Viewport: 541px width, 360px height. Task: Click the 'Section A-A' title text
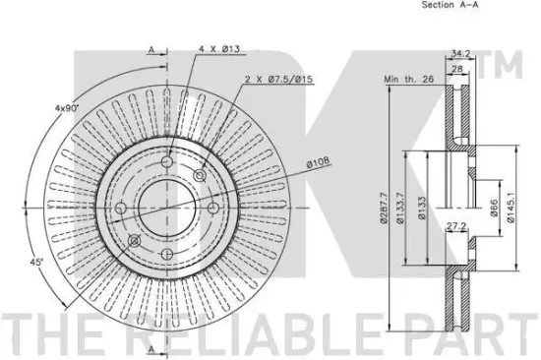click(x=451, y=5)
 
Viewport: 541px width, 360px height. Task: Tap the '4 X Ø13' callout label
click(x=219, y=49)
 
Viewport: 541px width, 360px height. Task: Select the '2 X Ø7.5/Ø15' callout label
click(x=278, y=80)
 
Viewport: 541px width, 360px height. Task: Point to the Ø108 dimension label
click(x=318, y=162)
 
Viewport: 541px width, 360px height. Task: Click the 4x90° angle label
click(x=67, y=108)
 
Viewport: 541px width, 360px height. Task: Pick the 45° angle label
click(x=35, y=263)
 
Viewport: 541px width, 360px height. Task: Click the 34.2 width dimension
click(x=460, y=53)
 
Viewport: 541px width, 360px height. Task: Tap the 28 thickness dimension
click(x=456, y=69)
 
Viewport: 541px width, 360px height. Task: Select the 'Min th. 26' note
click(x=409, y=80)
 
